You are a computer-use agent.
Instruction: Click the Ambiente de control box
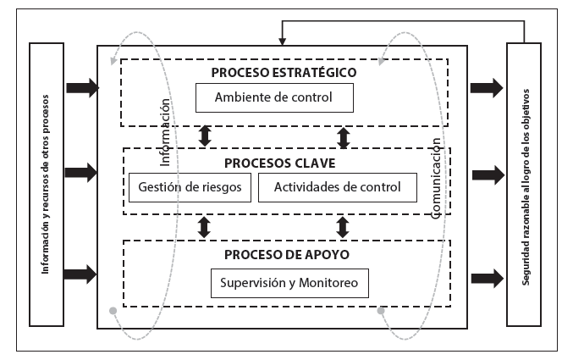(x=273, y=97)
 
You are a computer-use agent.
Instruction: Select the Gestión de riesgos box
(x=190, y=187)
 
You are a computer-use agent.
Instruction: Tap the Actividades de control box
(x=337, y=187)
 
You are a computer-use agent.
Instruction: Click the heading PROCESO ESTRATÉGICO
(x=284, y=72)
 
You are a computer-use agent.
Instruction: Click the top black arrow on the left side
(x=81, y=86)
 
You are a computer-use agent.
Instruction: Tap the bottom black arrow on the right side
(x=487, y=277)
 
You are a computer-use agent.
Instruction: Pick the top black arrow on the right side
(x=487, y=86)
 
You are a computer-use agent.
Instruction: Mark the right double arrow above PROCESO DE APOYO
(x=343, y=227)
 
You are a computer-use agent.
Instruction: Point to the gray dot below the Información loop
(x=113, y=311)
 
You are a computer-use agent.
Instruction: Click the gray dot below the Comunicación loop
(x=381, y=311)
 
